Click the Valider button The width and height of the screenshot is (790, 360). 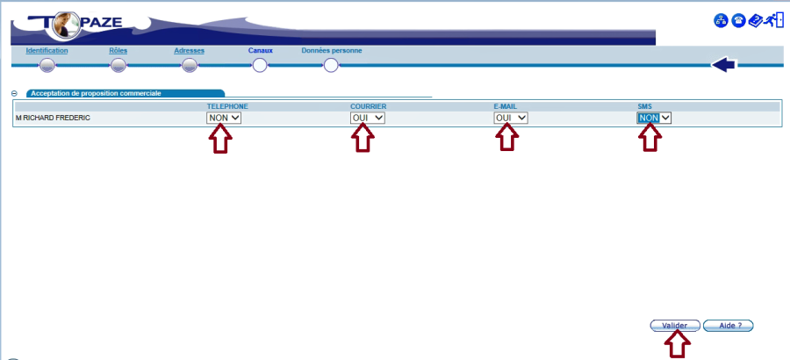pos(674,325)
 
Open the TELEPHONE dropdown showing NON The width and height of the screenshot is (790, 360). pos(224,118)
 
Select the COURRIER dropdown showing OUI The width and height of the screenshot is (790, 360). pos(367,118)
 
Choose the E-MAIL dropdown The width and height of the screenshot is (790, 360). pos(511,118)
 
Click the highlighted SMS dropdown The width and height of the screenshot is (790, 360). pos(654,118)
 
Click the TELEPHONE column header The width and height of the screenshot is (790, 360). pos(226,106)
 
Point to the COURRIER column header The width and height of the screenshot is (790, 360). pos(368,106)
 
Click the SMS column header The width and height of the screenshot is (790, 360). pos(644,106)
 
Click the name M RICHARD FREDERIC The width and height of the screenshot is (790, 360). pos(53,118)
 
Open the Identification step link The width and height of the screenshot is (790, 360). pos(47,51)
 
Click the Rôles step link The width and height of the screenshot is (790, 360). pos(118,51)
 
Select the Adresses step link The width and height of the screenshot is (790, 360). pos(189,51)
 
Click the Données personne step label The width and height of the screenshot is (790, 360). pos(331,51)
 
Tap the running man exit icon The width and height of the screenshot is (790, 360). pos(773,20)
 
